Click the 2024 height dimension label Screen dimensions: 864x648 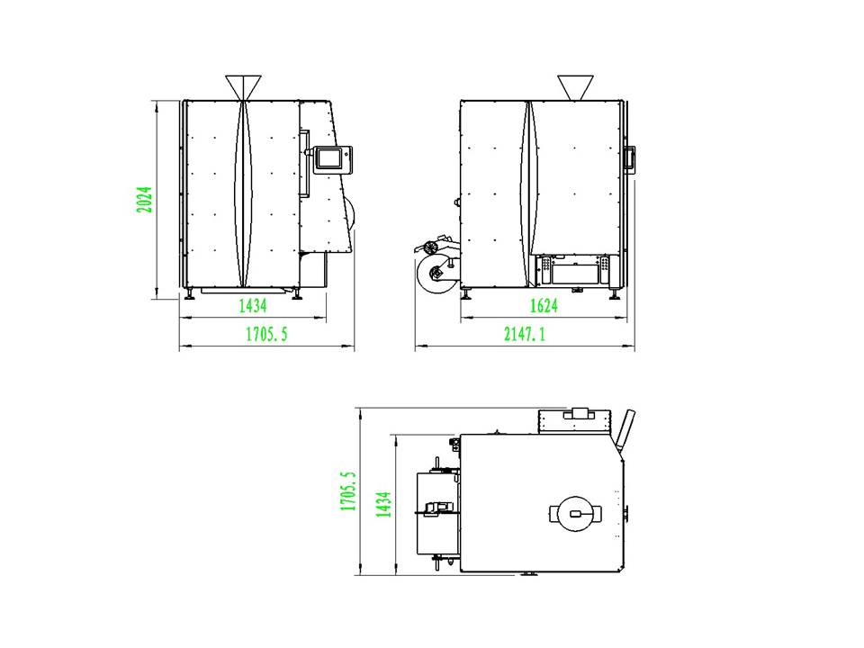[144, 200]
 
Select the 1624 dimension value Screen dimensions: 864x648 [544, 306]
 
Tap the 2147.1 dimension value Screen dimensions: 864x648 [525, 334]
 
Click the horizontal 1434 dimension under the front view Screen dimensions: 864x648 [252, 306]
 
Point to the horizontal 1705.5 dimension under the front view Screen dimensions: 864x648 [266, 334]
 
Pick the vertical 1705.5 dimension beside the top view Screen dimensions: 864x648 [348, 491]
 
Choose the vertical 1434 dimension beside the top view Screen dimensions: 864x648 [383, 504]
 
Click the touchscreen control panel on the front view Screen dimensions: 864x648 [332, 160]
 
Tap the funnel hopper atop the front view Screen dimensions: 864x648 [243, 88]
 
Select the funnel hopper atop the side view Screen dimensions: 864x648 [575, 88]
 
